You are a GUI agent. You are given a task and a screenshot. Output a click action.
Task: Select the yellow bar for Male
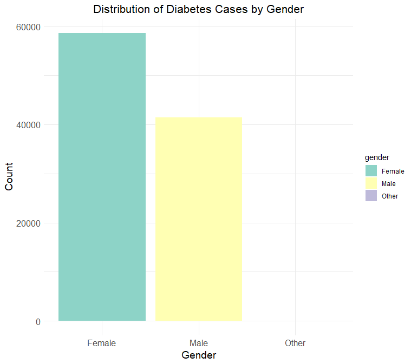(x=199, y=219)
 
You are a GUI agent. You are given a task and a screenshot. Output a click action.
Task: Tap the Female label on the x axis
(x=102, y=343)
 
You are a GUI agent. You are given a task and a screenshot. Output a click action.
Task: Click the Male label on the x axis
(x=199, y=343)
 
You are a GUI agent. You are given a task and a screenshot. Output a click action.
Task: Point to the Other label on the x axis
(x=295, y=343)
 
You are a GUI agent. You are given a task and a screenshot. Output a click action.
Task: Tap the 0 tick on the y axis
(x=37, y=322)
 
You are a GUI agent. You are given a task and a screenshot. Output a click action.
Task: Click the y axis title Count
(x=9, y=176)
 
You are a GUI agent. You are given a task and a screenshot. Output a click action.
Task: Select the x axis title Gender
(x=199, y=355)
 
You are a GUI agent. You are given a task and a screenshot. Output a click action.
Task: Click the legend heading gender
(x=377, y=157)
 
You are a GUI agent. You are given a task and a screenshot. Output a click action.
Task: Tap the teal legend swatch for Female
(x=371, y=171)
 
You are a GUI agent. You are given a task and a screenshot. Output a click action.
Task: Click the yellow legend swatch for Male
(x=371, y=183)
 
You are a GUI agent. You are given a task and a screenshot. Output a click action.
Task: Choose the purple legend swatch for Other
(x=371, y=196)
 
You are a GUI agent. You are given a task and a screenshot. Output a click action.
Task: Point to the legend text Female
(x=393, y=171)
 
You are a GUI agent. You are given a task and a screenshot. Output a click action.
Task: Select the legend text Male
(x=389, y=183)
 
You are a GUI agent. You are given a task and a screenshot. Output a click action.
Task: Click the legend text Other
(x=390, y=196)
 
